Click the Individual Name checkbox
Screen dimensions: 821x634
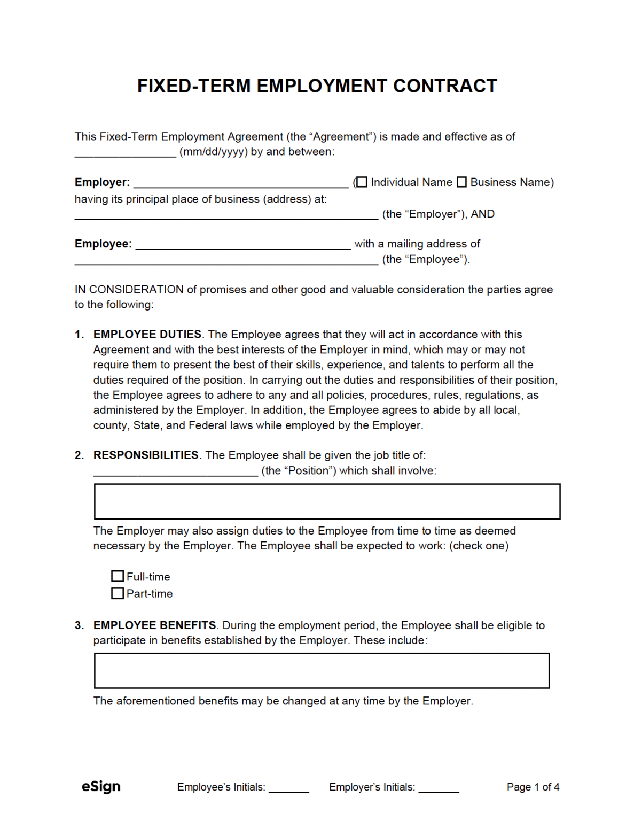pos(362,182)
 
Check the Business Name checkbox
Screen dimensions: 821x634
pos(461,182)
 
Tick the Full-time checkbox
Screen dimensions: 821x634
pos(118,576)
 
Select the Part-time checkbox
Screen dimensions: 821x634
pos(118,593)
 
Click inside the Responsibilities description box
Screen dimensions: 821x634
pos(327,501)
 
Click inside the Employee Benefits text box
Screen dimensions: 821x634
pos(322,670)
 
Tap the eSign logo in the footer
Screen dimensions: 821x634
pos(101,786)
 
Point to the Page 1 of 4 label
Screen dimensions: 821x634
pos(533,787)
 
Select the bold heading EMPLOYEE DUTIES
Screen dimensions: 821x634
pos(147,335)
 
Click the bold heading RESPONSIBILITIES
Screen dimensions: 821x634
pos(146,455)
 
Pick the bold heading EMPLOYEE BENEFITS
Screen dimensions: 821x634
pos(154,625)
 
